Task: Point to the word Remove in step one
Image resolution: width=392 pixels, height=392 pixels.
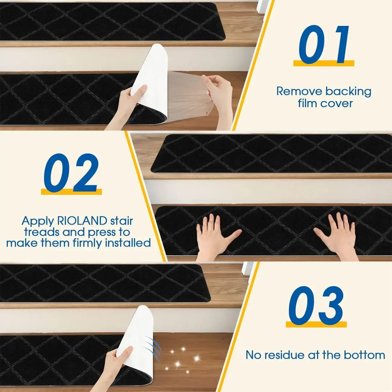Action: pos(298,91)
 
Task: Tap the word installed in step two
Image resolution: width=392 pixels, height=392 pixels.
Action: pos(128,243)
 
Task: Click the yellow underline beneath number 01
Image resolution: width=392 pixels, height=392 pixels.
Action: pos(324,63)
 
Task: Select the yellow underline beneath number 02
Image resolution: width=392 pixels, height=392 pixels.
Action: pos(71,192)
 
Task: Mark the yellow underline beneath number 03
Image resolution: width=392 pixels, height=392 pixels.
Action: pos(316,324)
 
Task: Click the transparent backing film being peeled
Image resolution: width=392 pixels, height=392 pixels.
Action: pos(187,90)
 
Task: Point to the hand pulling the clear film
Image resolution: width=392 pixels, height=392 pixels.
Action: pos(219,90)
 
